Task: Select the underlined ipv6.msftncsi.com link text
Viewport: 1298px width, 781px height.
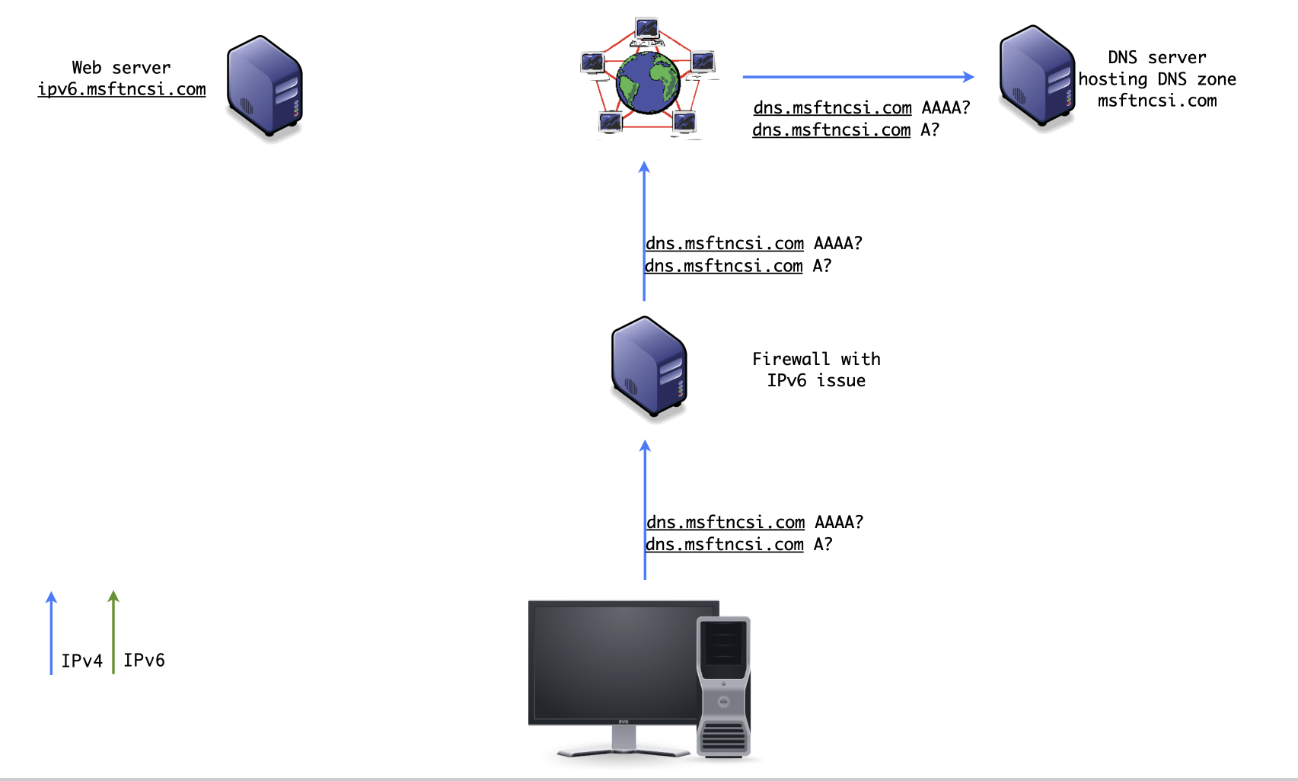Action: (x=122, y=89)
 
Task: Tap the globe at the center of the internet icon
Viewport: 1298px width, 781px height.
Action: (x=648, y=82)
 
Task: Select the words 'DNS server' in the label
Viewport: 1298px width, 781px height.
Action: (x=1156, y=58)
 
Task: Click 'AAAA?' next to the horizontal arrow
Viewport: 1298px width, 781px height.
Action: (x=946, y=107)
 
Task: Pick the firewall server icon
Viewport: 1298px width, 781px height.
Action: (x=649, y=367)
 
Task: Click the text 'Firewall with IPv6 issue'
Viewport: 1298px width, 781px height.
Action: (x=816, y=370)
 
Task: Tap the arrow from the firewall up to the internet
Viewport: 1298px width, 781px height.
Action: (x=644, y=229)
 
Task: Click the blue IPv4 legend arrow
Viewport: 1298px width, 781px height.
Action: (x=51, y=632)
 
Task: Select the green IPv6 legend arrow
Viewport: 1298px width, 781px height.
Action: (x=113, y=632)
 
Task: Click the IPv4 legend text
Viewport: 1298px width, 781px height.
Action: (x=81, y=661)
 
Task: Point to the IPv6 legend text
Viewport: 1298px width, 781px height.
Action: (x=144, y=661)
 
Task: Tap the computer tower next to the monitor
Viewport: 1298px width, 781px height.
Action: (x=724, y=686)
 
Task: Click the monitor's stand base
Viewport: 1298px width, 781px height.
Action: (x=623, y=751)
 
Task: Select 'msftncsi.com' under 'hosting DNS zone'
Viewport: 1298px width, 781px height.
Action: (x=1156, y=101)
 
